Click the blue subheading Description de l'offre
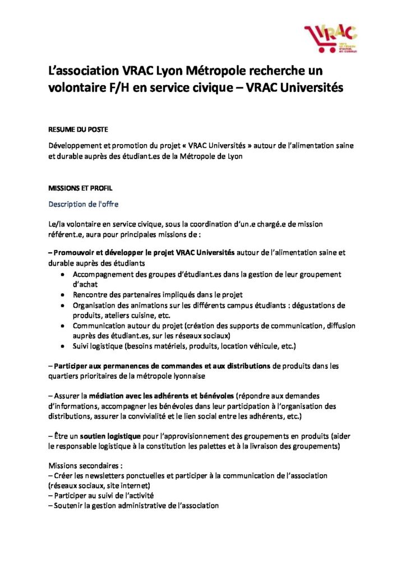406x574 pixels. tap(83, 203)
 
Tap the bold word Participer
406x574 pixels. tap(72, 366)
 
